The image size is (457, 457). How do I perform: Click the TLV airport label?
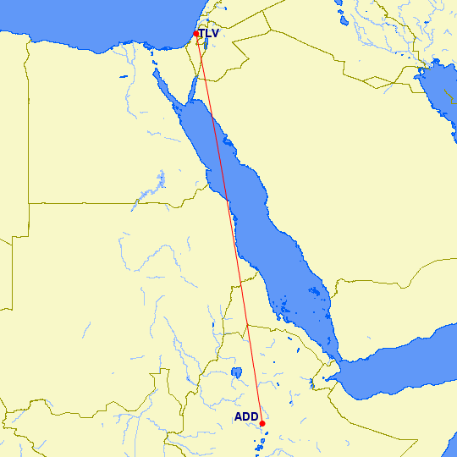coord(209,34)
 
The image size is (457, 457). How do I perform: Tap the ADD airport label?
coord(246,416)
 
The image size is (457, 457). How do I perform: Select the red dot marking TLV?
coord(196,34)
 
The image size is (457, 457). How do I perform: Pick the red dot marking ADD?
coord(262,423)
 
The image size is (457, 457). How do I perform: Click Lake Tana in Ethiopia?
coord(236,372)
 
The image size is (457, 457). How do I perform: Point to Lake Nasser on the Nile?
coord(160,180)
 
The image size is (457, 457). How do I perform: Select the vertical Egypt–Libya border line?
coord(28,127)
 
